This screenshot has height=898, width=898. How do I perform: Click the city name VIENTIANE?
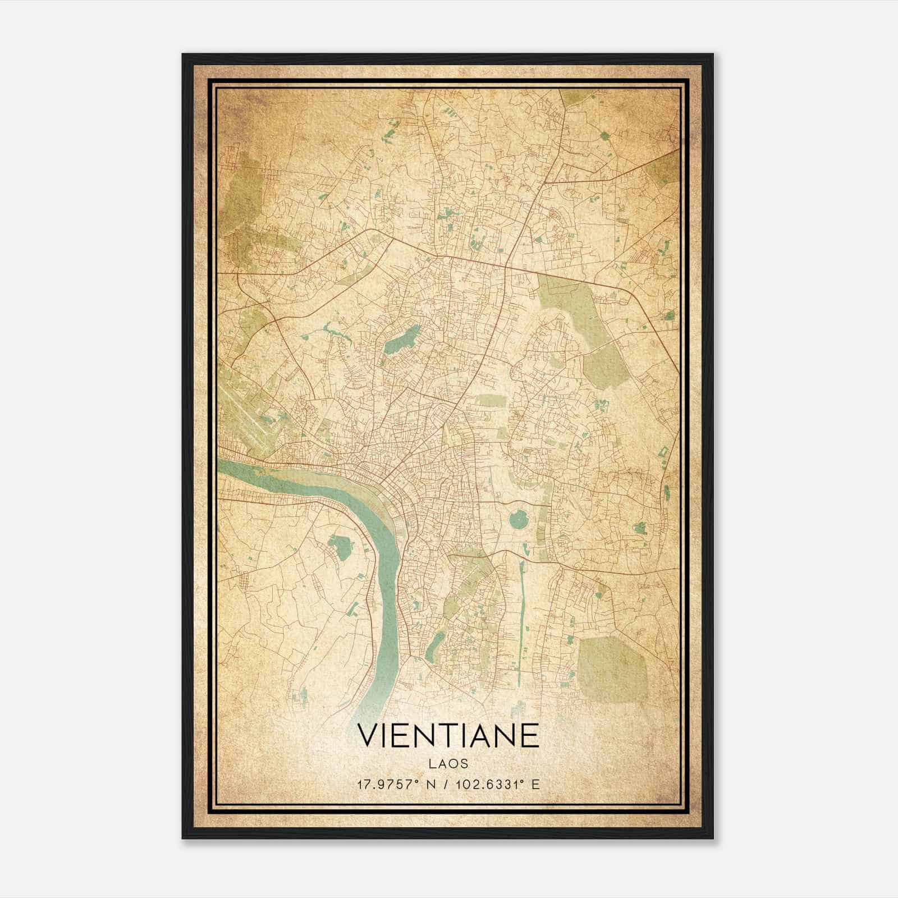click(448, 736)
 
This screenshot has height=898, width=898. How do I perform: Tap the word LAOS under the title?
click(448, 764)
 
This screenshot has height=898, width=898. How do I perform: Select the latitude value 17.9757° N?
click(397, 784)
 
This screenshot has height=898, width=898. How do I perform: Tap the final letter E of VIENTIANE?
click(530, 736)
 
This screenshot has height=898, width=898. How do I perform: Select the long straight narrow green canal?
click(520, 617)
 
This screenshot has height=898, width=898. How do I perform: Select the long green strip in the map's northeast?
click(595, 331)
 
